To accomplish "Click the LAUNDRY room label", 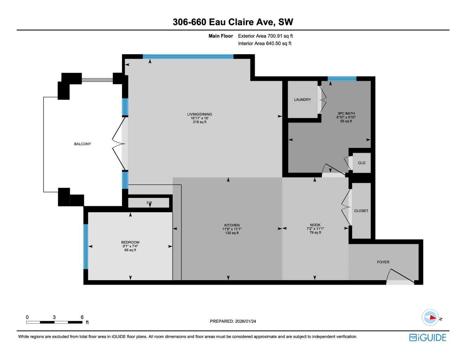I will point(302,99).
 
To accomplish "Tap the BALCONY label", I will point(82,144).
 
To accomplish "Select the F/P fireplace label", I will point(149,203).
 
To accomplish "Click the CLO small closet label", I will point(361,163).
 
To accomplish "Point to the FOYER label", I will point(383,262).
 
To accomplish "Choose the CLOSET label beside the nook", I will point(361,211).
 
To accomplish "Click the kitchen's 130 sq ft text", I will point(232,233).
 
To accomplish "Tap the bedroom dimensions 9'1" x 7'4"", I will point(130,246).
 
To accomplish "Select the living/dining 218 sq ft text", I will point(199,122).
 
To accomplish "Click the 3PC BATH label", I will point(346,114).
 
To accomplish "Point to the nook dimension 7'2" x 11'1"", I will point(315,229).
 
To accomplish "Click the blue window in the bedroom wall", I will point(85,246).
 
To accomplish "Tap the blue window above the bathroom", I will point(342,79).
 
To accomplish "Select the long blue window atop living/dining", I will point(188,56).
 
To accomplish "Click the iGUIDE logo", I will point(428,337).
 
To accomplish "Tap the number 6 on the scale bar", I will point(82,317).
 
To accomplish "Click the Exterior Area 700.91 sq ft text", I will point(265,36).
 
